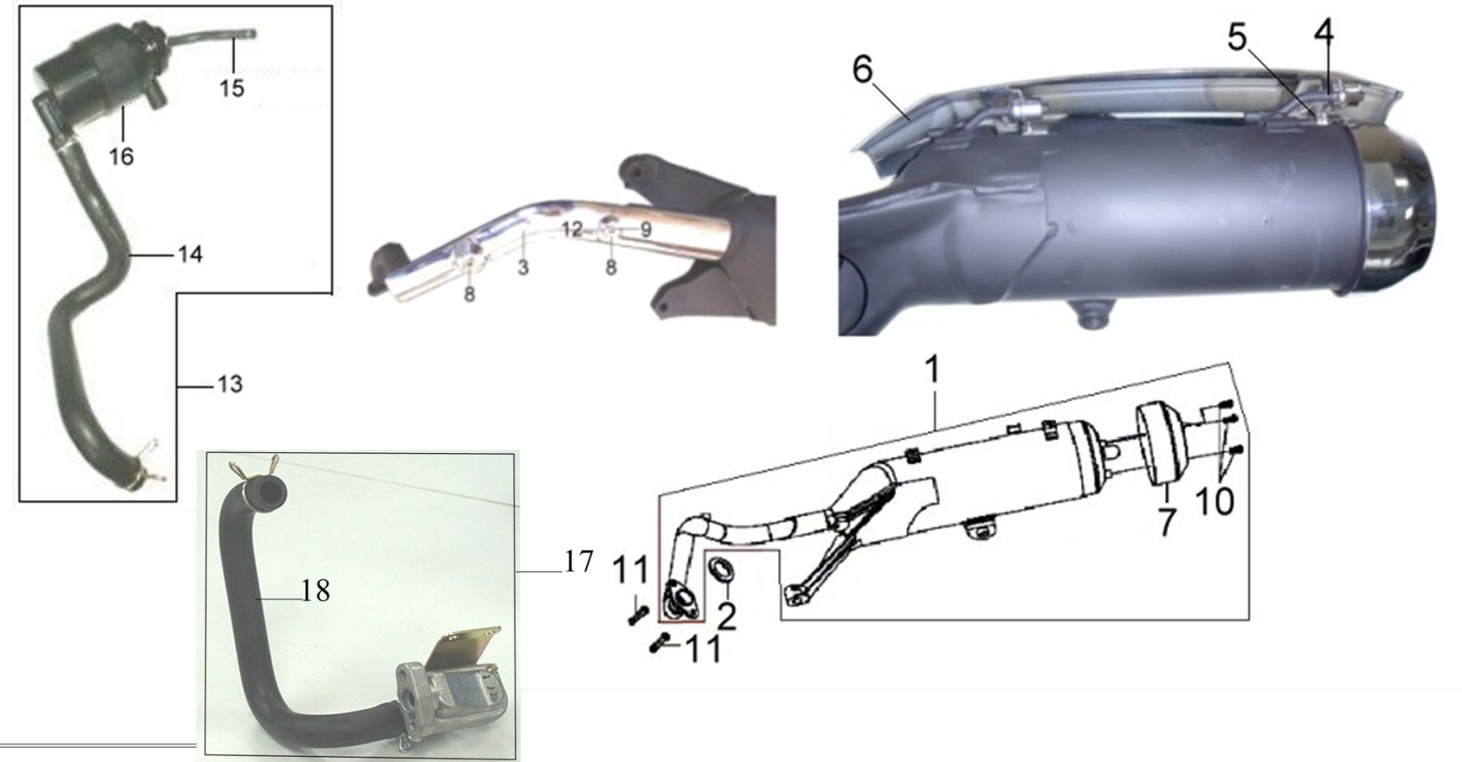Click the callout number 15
coord(232,87)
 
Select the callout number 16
coord(122,156)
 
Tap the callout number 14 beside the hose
coord(191,254)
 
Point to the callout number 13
coord(230,384)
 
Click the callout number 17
coord(579,561)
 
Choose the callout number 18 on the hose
coord(316,591)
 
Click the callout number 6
coord(862,69)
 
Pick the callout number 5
coord(1238,37)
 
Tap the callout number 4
coord(1324,31)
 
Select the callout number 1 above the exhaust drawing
coord(933,369)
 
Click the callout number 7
coord(1167,522)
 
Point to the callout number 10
coord(1215,502)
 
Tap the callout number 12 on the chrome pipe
coord(572,229)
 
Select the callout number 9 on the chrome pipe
coord(645,229)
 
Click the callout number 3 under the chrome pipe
coord(523,268)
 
